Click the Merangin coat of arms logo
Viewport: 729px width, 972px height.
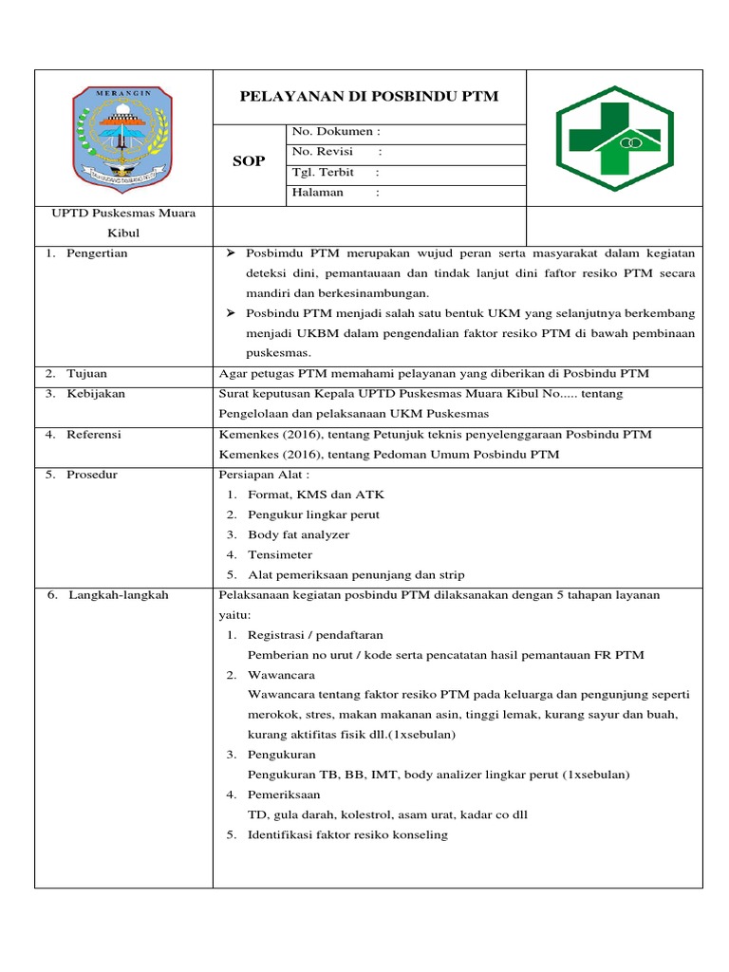click(x=123, y=136)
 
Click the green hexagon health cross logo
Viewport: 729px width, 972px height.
click(x=614, y=136)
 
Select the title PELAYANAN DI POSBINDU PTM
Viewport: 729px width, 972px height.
click(x=369, y=97)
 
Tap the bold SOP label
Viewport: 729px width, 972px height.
click(x=249, y=162)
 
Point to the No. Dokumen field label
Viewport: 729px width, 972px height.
click(x=336, y=133)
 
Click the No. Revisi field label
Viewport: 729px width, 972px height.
click(x=323, y=152)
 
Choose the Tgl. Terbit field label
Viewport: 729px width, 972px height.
click(x=324, y=173)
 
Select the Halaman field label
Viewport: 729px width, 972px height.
click(x=319, y=193)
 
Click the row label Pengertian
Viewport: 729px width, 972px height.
click(x=96, y=253)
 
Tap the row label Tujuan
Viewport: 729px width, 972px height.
click(x=86, y=373)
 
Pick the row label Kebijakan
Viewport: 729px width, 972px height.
click(x=95, y=393)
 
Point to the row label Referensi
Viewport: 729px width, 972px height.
click(x=94, y=434)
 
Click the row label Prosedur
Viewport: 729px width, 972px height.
click(x=91, y=475)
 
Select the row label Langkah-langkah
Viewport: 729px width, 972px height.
click(x=118, y=595)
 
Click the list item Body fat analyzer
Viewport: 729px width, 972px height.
click(x=298, y=534)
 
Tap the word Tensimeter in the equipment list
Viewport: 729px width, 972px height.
click(x=279, y=554)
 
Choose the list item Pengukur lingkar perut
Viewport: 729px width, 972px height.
click(x=313, y=514)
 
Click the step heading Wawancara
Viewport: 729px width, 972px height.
click(x=281, y=674)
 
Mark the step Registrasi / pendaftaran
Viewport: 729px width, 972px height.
click(x=315, y=634)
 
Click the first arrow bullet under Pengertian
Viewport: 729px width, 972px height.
click(x=231, y=253)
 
